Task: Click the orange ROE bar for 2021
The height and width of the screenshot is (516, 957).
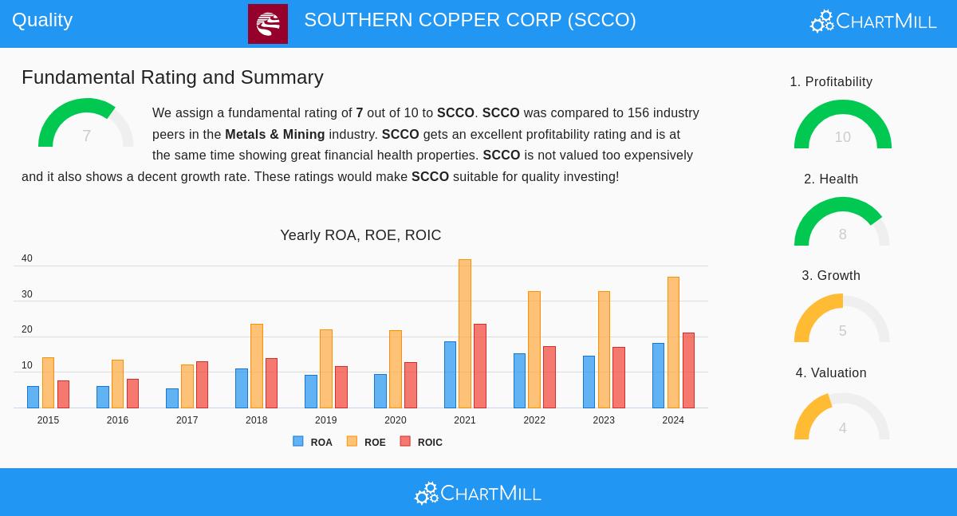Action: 465,333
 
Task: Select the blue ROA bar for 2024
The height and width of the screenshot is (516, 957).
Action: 658,376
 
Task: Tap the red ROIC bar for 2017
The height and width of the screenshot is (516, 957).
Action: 202,384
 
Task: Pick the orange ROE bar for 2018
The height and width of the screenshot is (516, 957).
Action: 257,366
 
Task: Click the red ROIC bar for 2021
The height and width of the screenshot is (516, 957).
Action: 480,366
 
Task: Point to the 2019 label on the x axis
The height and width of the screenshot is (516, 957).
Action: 325,420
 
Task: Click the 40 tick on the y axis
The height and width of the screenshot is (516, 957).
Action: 27,258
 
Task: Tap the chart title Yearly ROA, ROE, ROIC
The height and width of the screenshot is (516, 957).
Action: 360,235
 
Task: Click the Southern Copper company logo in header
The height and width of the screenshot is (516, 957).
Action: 268,24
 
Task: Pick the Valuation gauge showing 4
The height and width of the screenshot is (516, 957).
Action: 842,418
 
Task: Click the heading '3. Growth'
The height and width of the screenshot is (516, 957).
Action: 831,276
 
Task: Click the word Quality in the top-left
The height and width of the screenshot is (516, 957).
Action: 42,20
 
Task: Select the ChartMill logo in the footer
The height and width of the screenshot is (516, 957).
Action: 478,494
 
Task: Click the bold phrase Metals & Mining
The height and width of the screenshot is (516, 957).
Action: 275,135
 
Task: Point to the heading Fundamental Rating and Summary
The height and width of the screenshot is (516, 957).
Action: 172,77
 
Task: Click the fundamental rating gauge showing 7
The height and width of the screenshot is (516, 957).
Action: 86,125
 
